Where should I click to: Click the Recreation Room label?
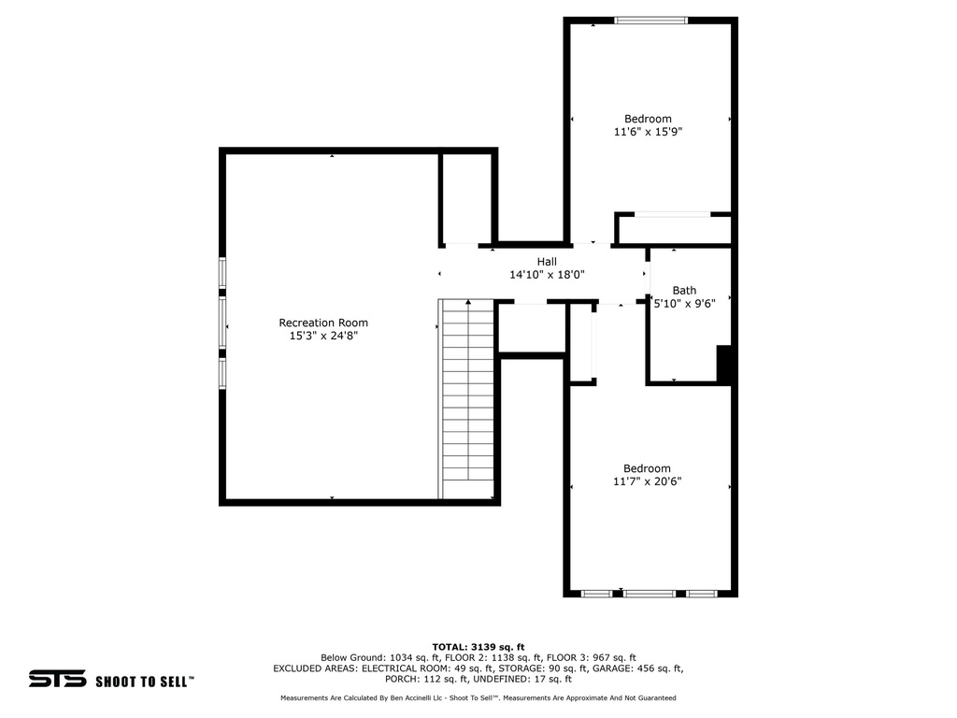323,323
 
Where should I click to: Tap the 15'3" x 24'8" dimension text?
323,335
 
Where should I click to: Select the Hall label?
547,262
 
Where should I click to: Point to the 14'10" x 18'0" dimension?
547,275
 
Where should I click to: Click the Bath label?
684,291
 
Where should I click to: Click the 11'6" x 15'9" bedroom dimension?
648,132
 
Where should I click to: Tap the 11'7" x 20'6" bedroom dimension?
648,481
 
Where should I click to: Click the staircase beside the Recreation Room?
467,398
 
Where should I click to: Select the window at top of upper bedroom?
650,20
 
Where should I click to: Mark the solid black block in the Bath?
724,364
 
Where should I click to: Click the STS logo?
57,679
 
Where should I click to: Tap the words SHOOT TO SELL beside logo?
144,682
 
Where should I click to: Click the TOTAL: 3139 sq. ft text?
478,646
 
